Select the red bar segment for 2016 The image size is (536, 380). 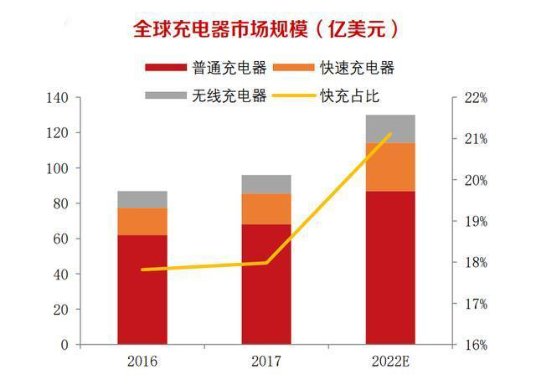point(142,289)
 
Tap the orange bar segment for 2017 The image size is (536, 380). point(266,209)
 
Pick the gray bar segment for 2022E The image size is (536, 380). point(390,128)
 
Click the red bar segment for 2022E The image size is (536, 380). point(390,268)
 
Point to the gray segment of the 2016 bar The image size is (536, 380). point(142,199)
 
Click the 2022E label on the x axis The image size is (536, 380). point(391,362)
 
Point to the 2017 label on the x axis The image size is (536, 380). point(266,362)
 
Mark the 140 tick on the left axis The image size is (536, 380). point(57,98)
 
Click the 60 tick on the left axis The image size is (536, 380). point(60,239)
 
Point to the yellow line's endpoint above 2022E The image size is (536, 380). point(390,134)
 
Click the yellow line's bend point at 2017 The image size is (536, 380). point(266,263)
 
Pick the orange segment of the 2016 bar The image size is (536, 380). point(142,221)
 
